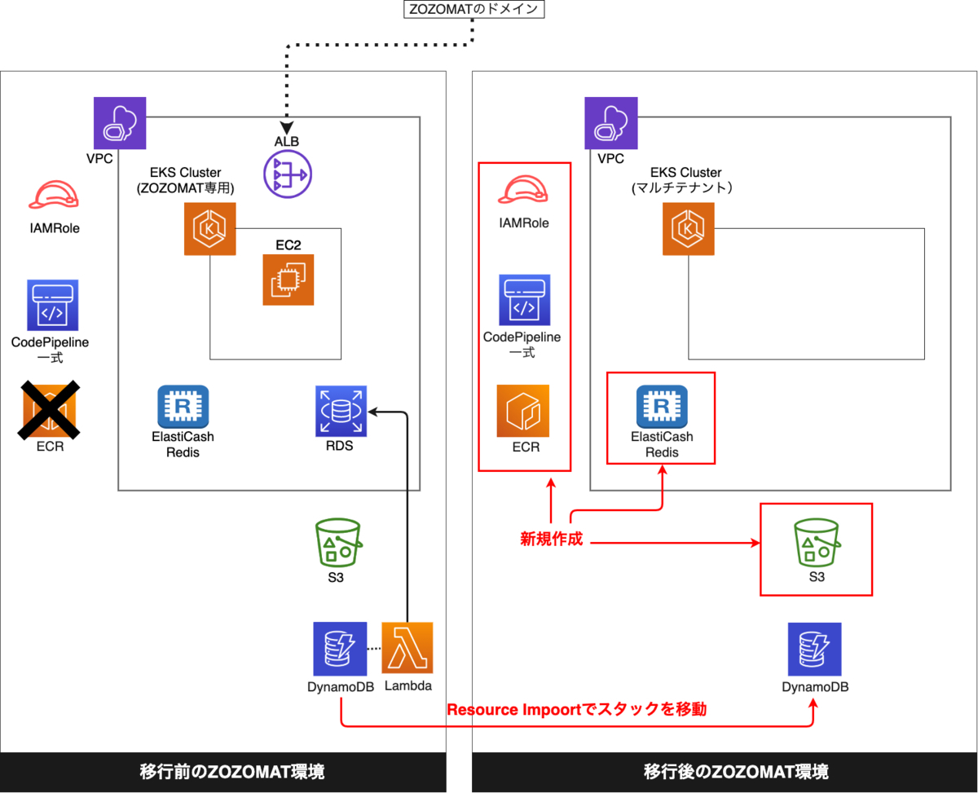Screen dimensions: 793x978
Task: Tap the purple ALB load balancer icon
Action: (x=287, y=174)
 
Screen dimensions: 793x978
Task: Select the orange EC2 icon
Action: (x=288, y=280)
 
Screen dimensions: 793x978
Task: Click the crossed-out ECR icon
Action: (x=49, y=410)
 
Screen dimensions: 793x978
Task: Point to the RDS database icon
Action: (x=341, y=411)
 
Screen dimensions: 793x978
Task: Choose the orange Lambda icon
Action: (x=407, y=647)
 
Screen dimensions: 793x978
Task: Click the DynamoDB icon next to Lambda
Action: (x=339, y=647)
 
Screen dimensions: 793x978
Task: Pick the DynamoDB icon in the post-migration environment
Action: (x=814, y=648)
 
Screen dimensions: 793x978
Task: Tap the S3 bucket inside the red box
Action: (x=816, y=543)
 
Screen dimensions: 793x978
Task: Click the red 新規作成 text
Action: (x=552, y=539)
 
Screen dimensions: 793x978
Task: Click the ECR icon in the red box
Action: (x=522, y=410)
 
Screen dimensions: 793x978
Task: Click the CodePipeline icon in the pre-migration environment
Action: (x=51, y=304)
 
